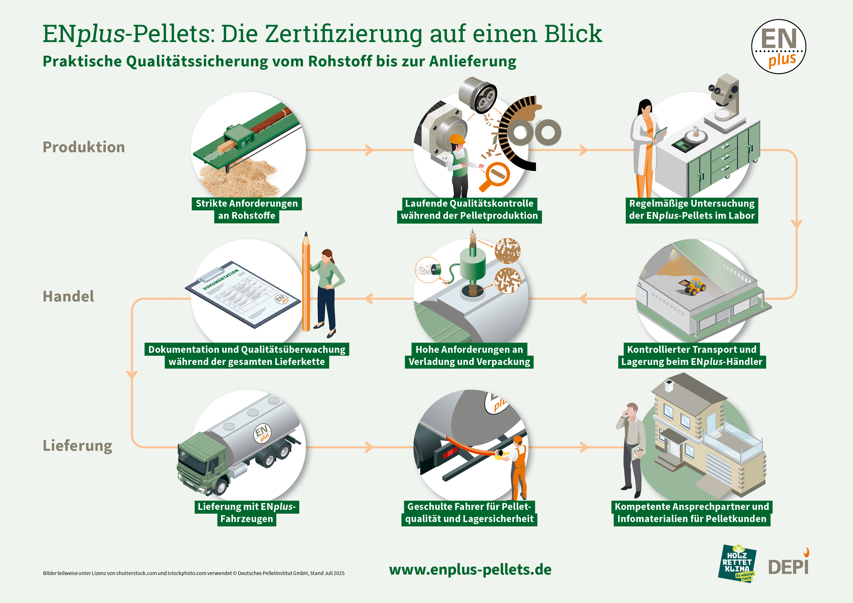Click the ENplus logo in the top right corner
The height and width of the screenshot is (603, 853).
point(778,46)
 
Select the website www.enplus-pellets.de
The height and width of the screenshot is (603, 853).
point(470,569)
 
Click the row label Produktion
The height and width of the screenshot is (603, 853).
point(84,147)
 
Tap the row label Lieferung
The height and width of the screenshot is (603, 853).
point(77,445)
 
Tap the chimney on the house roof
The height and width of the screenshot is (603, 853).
point(669,385)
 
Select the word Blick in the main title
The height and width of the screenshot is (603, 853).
point(573,34)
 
